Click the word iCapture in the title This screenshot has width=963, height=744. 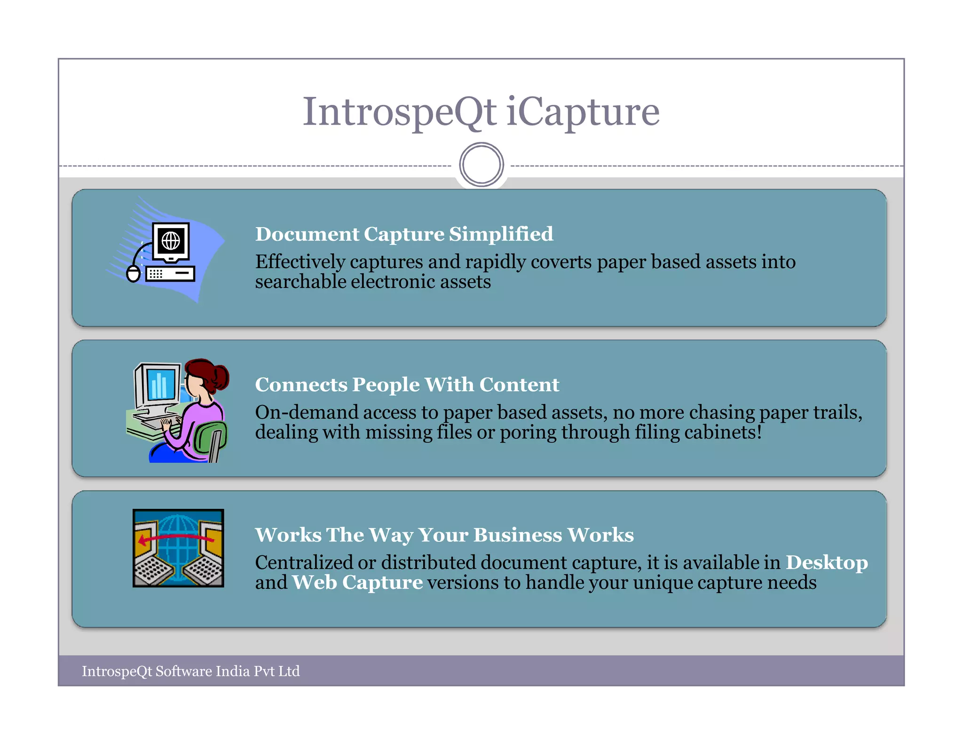583,112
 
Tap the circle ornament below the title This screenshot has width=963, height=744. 481,165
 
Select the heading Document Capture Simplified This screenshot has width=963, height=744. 404,234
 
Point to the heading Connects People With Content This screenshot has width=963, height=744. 407,385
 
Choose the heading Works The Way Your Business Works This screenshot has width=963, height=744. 444,535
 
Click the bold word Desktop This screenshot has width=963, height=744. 827,562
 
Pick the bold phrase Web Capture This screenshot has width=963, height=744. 357,583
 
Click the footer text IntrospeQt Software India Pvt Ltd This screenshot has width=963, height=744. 190,671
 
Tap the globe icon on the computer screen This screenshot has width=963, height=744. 171,241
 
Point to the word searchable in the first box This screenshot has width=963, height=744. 300,282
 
